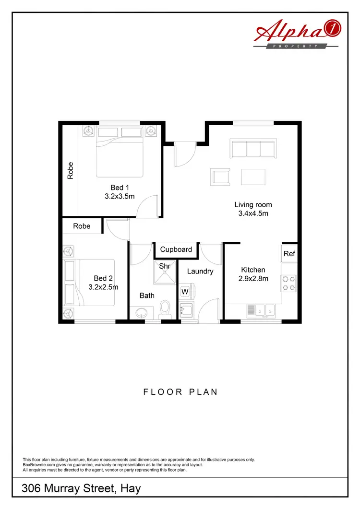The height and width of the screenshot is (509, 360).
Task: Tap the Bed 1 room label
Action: (x=117, y=188)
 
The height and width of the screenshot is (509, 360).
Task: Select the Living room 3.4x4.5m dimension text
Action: (x=253, y=213)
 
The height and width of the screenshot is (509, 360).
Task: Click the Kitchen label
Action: (x=253, y=270)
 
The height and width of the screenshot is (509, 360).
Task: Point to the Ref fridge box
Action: (x=289, y=254)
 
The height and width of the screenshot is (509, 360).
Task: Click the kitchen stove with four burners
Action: (x=289, y=283)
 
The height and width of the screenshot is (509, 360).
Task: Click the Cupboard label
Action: (x=176, y=249)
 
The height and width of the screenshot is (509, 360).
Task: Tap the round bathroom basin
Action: (x=142, y=313)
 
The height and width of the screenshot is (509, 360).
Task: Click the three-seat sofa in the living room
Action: (x=253, y=149)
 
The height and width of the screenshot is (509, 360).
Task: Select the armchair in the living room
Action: (x=220, y=177)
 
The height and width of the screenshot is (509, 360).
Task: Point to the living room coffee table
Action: (x=253, y=177)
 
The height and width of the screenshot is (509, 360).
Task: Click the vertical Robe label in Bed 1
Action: (x=71, y=170)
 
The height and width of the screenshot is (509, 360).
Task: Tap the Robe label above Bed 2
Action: (x=82, y=226)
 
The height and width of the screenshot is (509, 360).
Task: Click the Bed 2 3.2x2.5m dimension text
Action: (x=103, y=287)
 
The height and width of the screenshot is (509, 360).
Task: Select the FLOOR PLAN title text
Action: (x=180, y=392)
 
